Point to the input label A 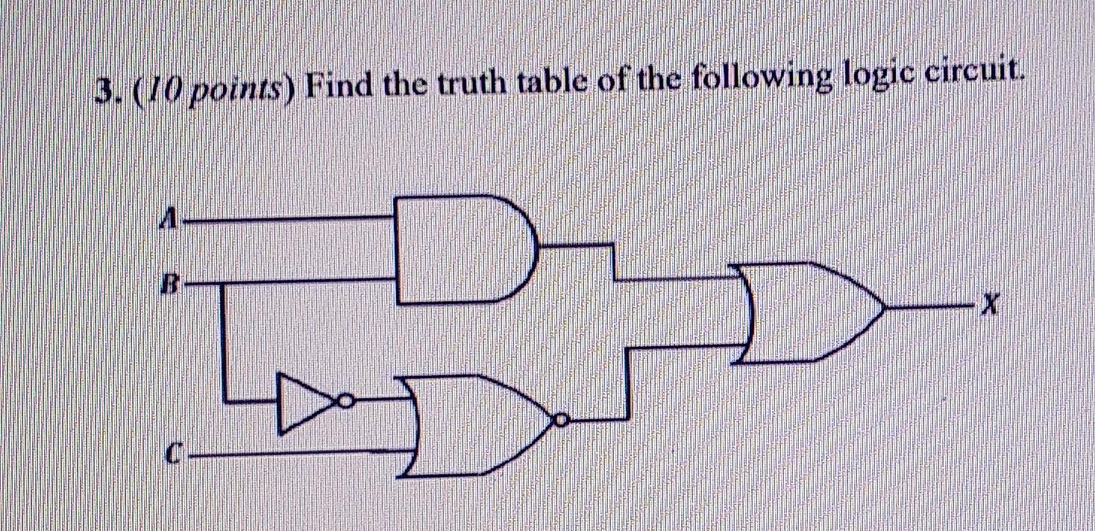click(171, 219)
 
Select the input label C click(172, 453)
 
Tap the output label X click(990, 304)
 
